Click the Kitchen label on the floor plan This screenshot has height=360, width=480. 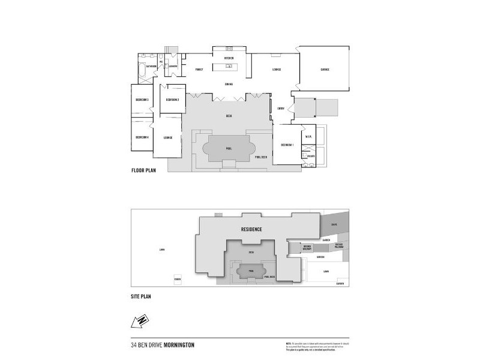[229, 58]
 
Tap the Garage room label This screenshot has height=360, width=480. [325, 70]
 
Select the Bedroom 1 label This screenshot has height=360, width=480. [286, 145]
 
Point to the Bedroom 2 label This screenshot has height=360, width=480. [173, 100]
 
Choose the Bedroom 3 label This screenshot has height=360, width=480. [142, 100]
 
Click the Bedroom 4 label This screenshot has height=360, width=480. [142, 137]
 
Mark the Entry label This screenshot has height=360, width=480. [281, 108]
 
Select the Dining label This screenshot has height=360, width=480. [229, 84]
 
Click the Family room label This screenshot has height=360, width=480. [200, 70]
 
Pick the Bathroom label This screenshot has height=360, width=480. [150, 66]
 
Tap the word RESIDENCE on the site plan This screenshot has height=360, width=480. [251, 229]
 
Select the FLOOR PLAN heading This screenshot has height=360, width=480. [144, 171]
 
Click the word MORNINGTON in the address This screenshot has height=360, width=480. [178, 345]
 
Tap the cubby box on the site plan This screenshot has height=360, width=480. [177, 280]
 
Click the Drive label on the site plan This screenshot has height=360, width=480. [335, 225]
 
